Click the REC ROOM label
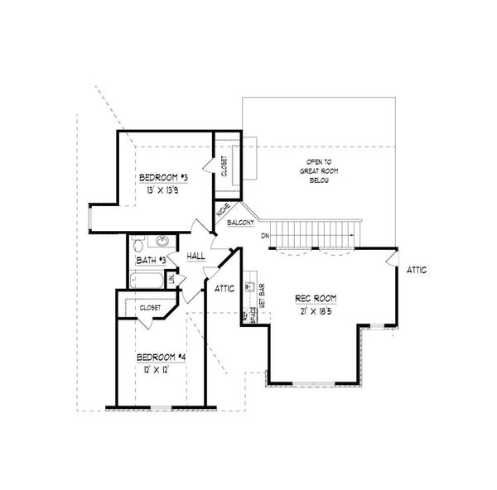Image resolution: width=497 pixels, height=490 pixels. tap(314, 298)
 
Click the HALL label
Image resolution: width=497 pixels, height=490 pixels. tap(196, 257)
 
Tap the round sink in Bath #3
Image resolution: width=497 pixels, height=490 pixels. tap(162, 243)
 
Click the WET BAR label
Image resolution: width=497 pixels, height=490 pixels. tap(262, 293)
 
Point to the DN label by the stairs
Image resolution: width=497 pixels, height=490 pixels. tap(264, 237)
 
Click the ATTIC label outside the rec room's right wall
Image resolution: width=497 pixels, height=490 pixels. tap(417, 271)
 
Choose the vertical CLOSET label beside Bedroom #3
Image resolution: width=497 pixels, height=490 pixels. tap(224, 166)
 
